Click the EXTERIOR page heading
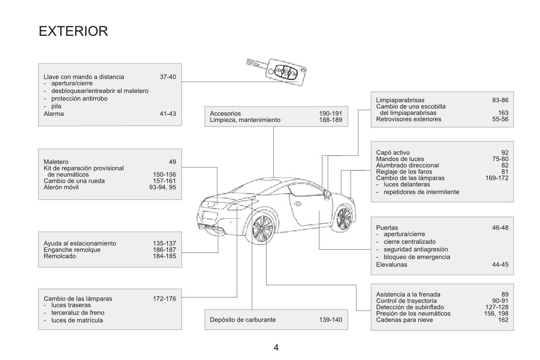(73, 31)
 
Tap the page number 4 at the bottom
(276, 347)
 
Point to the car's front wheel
(344, 218)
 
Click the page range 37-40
(168, 77)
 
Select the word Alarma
(54, 114)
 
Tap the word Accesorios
(225, 113)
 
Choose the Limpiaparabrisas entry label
(400, 100)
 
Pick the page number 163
(503, 113)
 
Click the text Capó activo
(393, 153)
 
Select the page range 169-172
(496, 178)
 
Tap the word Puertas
(387, 228)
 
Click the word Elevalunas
(392, 265)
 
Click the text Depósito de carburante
(243, 320)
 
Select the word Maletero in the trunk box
(56, 162)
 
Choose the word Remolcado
(60, 256)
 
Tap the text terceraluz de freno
(78, 313)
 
